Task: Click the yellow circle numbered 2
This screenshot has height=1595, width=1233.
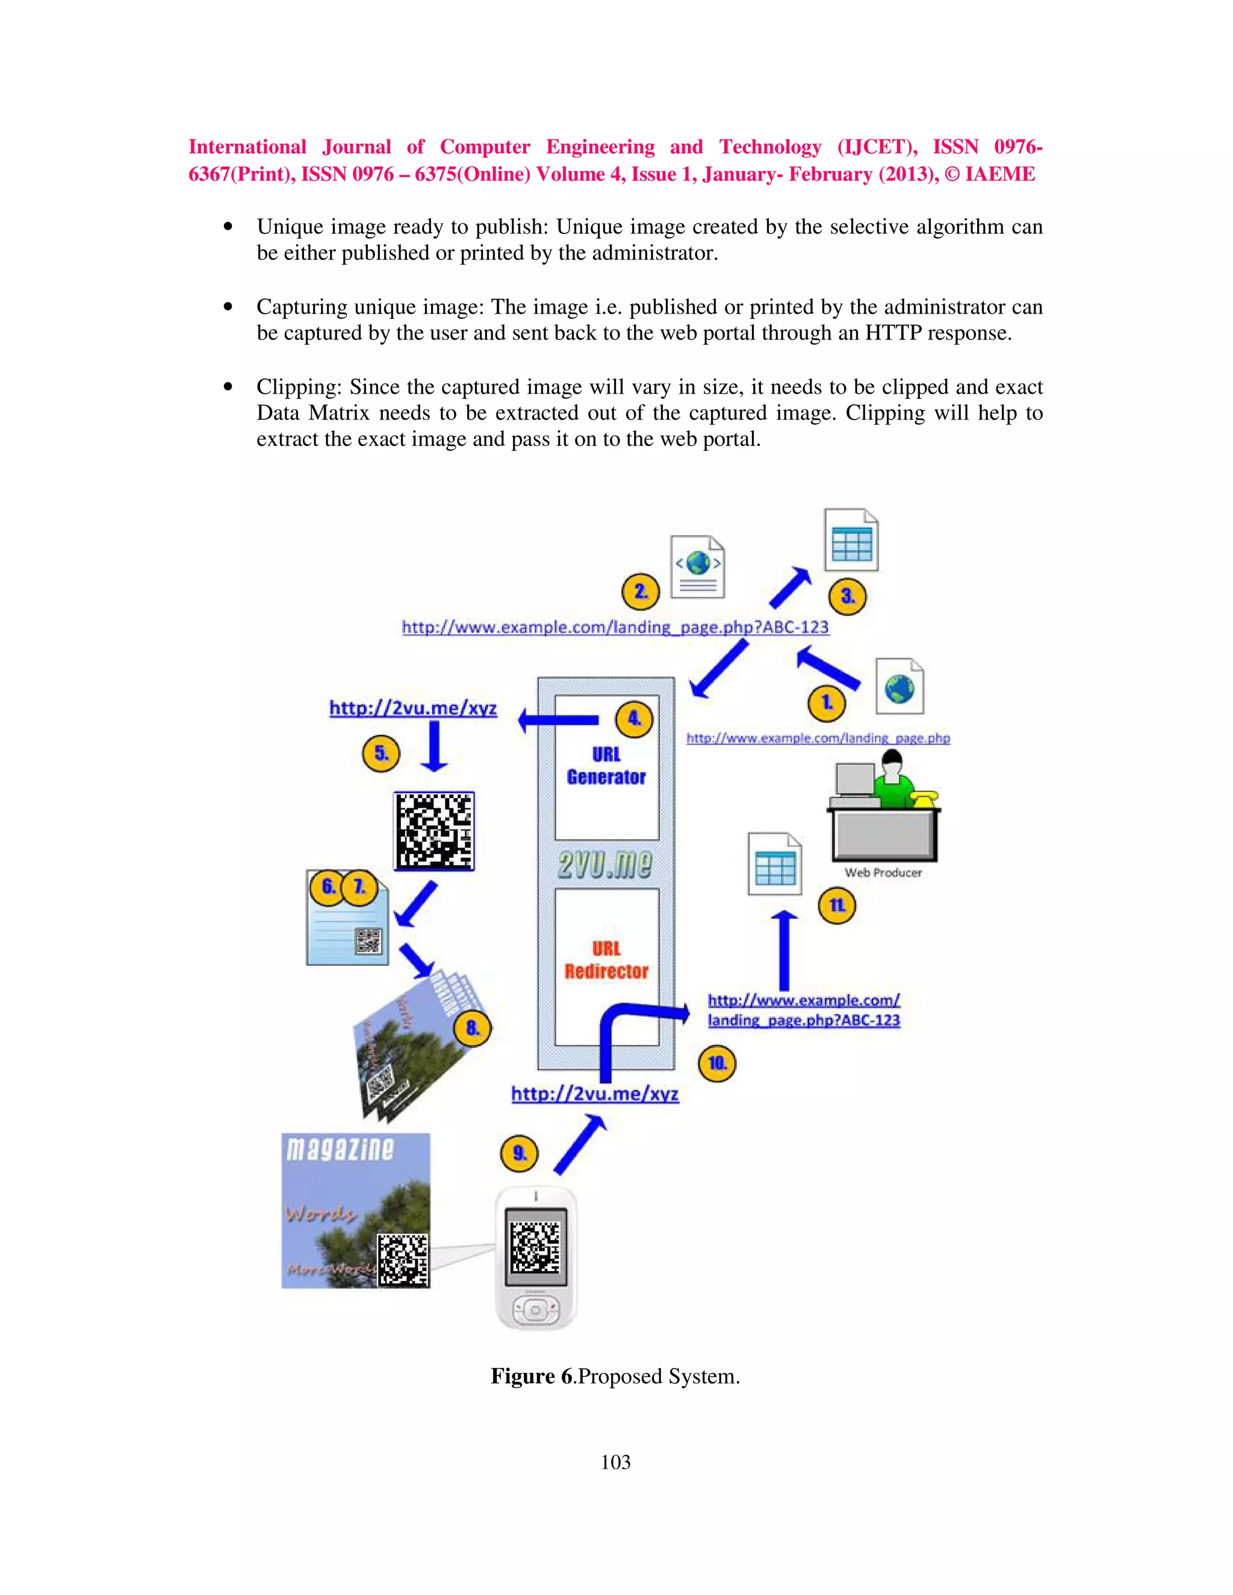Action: pyautogui.click(x=641, y=592)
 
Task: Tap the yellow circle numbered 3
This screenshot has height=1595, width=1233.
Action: pyautogui.click(x=847, y=596)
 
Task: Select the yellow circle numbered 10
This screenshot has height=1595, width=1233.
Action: pyautogui.click(x=717, y=1064)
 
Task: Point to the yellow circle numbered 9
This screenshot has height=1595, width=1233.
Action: pyautogui.click(x=520, y=1154)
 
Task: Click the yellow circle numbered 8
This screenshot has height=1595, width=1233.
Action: pyautogui.click(x=473, y=1028)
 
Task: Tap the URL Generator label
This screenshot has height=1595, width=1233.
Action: pyautogui.click(x=606, y=766)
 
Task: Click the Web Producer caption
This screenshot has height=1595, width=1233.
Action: pyautogui.click(x=883, y=873)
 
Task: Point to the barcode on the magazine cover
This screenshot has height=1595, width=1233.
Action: pyautogui.click(x=403, y=1259)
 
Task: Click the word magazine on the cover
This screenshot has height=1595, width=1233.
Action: pyautogui.click(x=340, y=1149)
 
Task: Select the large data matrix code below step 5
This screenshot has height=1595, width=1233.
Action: pyautogui.click(x=434, y=831)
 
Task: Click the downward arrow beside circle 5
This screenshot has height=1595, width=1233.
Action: pyautogui.click(x=435, y=746)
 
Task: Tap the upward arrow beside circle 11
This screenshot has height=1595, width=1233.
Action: pyautogui.click(x=784, y=949)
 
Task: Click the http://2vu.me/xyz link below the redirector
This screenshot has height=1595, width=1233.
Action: pyautogui.click(x=595, y=1094)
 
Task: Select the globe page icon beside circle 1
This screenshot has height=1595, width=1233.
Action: pyautogui.click(x=900, y=687)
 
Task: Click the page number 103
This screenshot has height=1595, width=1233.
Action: pyautogui.click(x=615, y=1462)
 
